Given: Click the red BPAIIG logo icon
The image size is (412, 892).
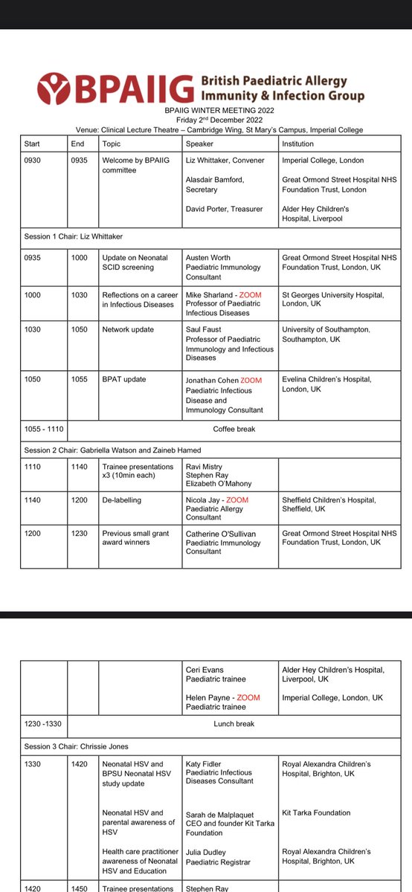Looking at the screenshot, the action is click(57, 88).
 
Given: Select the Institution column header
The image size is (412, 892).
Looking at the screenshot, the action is click(298, 143).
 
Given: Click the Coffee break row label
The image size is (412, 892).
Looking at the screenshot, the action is click(234, 428).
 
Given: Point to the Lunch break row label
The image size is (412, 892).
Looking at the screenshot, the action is click(234, 723).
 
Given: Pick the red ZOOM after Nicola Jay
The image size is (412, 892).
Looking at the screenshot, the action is click(237, 500).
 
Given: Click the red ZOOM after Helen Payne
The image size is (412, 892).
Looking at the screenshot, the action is click(248, 698).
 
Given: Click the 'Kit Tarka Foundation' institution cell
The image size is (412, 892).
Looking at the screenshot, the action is click(317, 813).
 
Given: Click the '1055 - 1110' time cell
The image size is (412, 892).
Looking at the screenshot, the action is click(44, 428).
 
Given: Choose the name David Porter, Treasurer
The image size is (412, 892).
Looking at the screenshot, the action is click(224, 209).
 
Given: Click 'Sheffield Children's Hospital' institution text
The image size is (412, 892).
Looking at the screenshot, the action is click(332, 500).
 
